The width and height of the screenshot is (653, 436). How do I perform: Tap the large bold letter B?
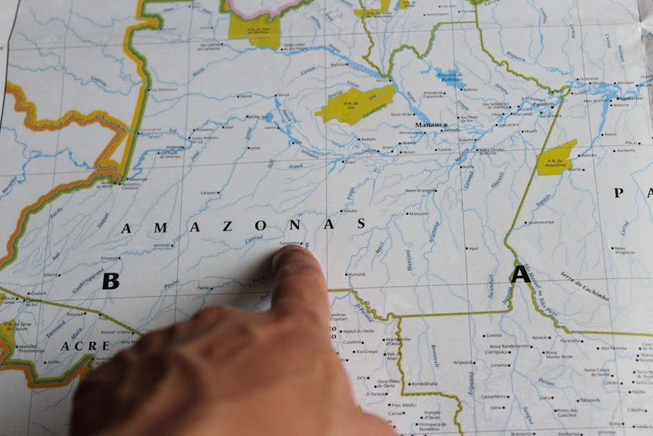click(111, 281)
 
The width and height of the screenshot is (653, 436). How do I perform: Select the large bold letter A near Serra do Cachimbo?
click(521, 273)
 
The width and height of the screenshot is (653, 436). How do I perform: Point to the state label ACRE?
click(85, 346)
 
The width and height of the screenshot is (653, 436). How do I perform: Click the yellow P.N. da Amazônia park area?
click(557, 157)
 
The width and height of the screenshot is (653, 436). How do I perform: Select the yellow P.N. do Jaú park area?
click(355, 103)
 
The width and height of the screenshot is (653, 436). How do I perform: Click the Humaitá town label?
click(357, 274)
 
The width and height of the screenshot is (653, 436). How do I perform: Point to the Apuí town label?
click(474, 248)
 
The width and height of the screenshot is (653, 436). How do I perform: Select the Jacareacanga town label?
click(542, 222)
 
